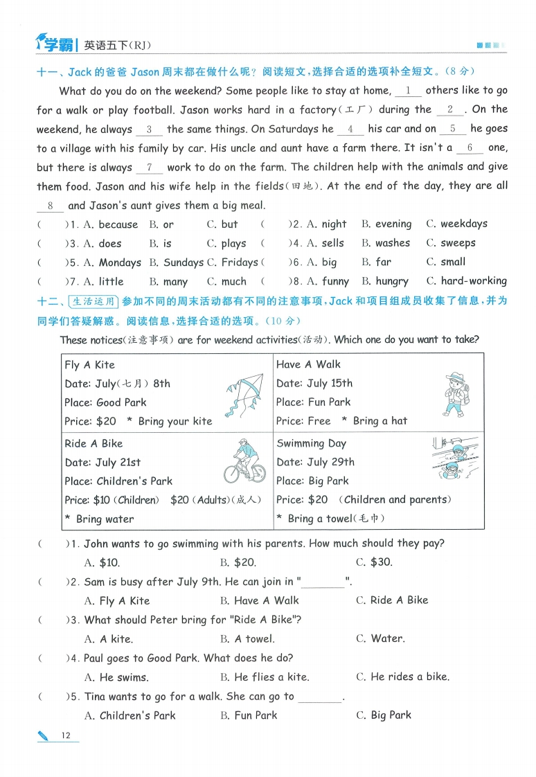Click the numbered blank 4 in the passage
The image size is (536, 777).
[x=351, y=129]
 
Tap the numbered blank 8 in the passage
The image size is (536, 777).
[x=50, y=206]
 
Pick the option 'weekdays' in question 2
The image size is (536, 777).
[x=464, y=224]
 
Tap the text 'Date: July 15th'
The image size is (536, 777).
[x=314, y=383]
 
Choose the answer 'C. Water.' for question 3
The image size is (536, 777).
[x=380, y=638]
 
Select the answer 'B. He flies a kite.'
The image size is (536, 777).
[x=265, y=677]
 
